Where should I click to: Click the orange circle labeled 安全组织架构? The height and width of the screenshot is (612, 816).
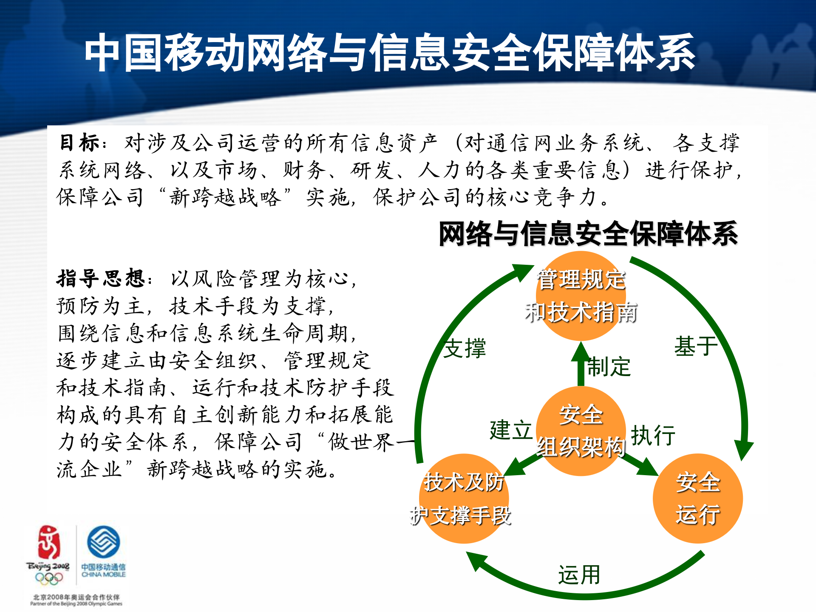(x=581, y=431)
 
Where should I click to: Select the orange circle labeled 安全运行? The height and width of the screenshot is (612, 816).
(x=697, y=498)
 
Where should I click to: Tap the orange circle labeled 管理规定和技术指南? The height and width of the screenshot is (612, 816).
(x=581, y=296)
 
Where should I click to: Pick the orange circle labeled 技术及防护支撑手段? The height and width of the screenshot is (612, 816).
(x=464, y=498)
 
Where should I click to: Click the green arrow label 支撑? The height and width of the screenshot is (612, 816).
(x=465, y=348)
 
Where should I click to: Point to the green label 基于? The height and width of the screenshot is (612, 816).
(x=696, y=346)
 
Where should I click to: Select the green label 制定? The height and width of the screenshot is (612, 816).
(x=609, y=367)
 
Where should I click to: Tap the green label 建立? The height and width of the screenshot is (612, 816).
(x=510, y=430)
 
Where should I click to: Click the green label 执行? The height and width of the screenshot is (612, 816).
(x=653, y=435)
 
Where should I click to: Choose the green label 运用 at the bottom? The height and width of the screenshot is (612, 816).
(x=579, y=575)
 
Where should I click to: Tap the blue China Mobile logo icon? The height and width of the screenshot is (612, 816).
(x=103, y=542)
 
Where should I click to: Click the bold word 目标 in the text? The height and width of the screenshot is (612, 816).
(x=79, y=143)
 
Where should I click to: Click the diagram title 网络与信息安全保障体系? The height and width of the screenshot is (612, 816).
(x=588, y=234)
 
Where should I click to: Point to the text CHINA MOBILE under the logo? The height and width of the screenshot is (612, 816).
(x=103, y=575)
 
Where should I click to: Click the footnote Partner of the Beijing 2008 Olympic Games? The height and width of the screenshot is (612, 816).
(x=76, y=603)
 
